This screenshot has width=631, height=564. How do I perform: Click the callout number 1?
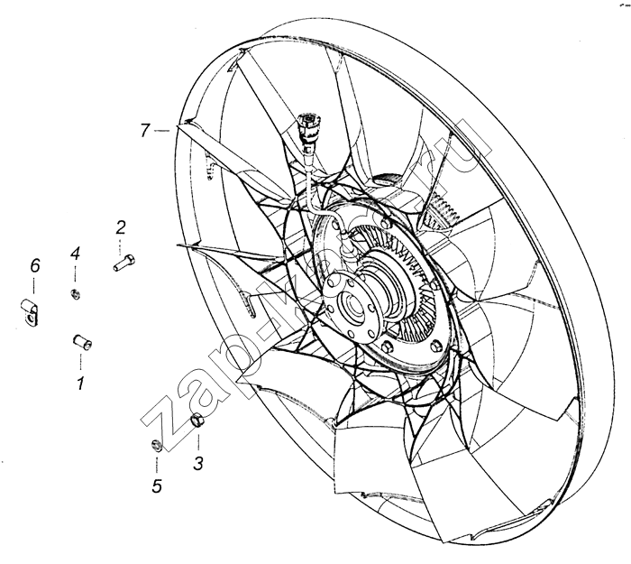tap(80, 384)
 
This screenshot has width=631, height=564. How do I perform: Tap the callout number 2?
tap(121, 228)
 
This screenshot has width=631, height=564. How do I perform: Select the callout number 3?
tap(198, 463)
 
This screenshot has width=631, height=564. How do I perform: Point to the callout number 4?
tap(75, 254)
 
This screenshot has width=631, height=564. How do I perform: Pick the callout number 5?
tap(157, 485)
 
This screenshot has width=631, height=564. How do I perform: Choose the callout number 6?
tap(35, 266)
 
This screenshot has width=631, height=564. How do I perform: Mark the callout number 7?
tap(145, 131)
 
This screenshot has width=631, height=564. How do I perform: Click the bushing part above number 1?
tap(82, 342)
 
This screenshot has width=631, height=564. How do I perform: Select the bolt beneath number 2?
tap(124, 263)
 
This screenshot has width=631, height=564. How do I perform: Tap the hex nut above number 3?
tap(197, 421)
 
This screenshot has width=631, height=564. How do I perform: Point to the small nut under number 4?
tap(75, 294)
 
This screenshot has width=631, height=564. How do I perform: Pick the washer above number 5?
tap(157, 446)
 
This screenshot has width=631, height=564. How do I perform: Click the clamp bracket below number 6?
tap(30, 312)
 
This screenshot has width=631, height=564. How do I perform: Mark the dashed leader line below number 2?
tap(120, 246)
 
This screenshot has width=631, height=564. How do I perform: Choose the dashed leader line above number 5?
tap(157, 463)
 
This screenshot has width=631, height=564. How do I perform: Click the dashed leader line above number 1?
tap(81, 361)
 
